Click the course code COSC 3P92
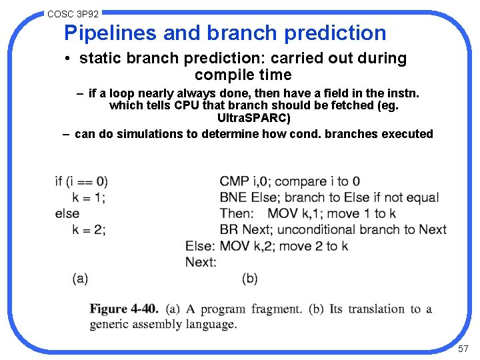click(73, 13)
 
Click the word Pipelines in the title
click(109, 33)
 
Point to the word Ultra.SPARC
click(254, 118)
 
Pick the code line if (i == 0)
click(81, 181)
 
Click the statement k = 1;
click(89, 197)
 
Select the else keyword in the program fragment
click(67, 213)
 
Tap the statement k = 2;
click(89, 229)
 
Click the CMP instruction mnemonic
click(235, 181)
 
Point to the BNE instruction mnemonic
click(233, 197)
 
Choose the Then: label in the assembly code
click(237, 213)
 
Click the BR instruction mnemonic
click(228, 229)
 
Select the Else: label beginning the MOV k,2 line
click(201, 246)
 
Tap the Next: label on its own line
click(201, 262)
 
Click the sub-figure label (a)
click(80, 279)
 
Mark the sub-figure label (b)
click(249, 279)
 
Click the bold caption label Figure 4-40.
click(124, 309)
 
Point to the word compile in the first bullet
click(221, 75)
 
